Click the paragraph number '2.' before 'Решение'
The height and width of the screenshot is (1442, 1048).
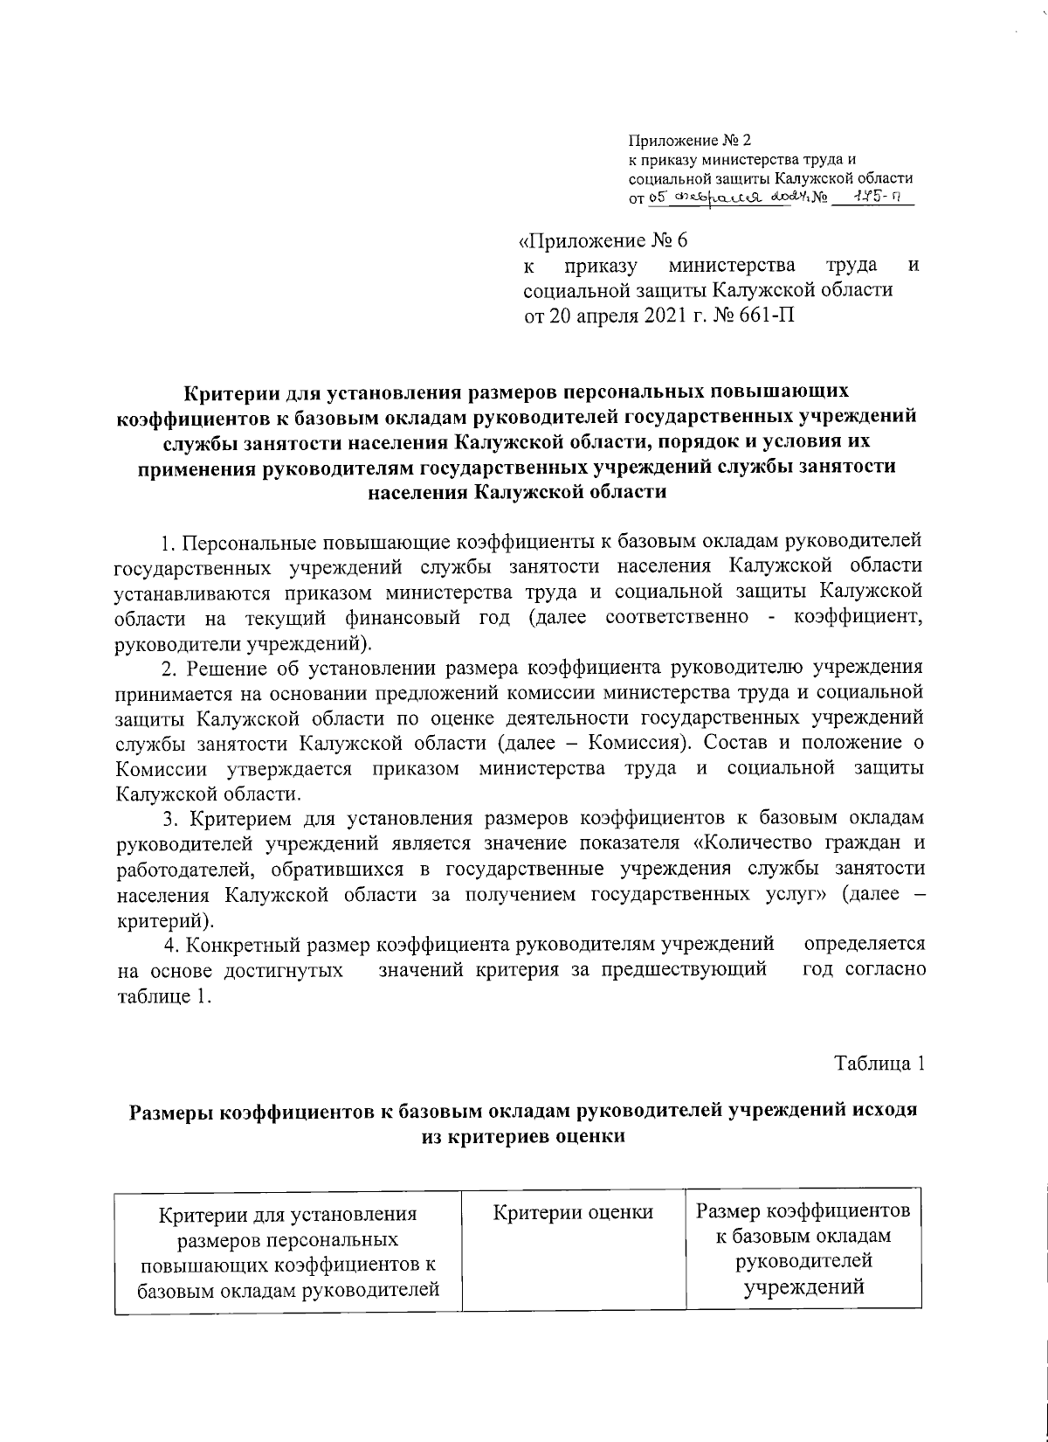click(x=169, y=669)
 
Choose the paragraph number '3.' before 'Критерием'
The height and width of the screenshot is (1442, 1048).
click(x=169, y=819)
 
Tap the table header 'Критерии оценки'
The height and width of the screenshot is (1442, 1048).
click(x=573, y=1212)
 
